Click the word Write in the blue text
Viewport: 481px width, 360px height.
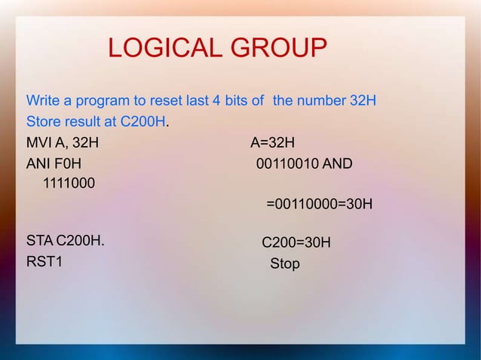(41, 100)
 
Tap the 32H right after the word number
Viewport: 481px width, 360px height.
(361, 100)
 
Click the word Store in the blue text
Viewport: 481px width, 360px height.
(43, 121)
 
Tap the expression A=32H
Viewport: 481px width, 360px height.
(272, 142)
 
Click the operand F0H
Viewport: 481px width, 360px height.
(68, 163)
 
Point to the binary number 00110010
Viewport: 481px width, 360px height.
(287, 163)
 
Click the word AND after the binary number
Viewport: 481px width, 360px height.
(337, 163)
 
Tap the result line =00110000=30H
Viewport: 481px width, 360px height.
(319, 203)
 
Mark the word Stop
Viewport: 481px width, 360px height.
(285, 264)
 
